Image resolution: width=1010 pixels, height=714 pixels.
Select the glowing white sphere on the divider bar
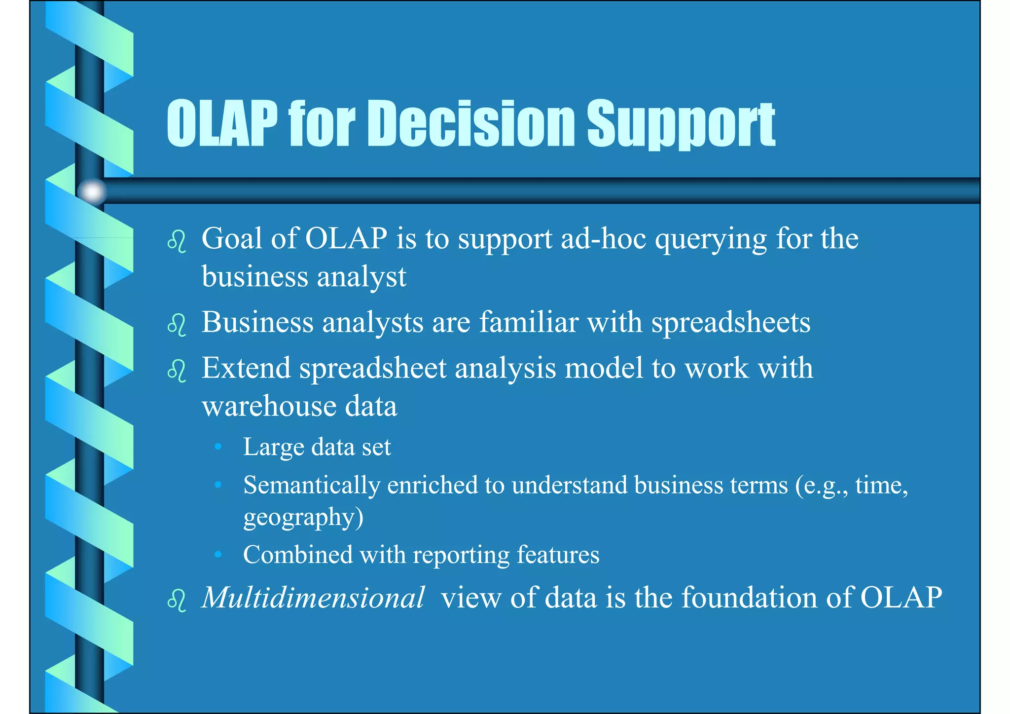92,191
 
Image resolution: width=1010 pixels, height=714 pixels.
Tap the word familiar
529,322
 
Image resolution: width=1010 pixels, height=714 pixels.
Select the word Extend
246,368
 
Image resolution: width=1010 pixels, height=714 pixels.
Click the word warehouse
269,407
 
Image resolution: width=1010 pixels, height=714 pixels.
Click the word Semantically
311,486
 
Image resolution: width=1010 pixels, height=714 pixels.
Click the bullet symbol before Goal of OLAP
177,242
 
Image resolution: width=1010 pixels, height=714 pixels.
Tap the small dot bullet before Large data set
218,447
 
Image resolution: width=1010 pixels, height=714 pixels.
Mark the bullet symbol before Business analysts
177,326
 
